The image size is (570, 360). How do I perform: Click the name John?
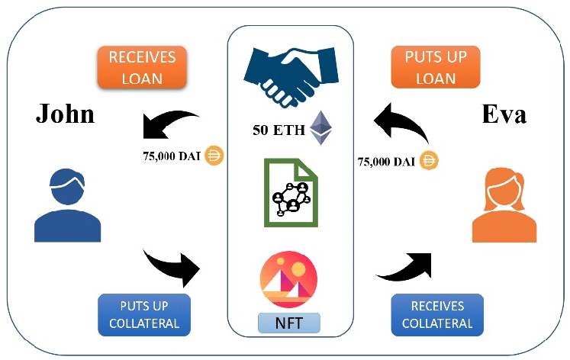[66, 114]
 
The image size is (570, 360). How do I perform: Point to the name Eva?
[505, 114]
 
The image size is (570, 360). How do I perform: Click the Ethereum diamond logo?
[321, 128]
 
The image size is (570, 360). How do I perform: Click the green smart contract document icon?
[291, 191]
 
